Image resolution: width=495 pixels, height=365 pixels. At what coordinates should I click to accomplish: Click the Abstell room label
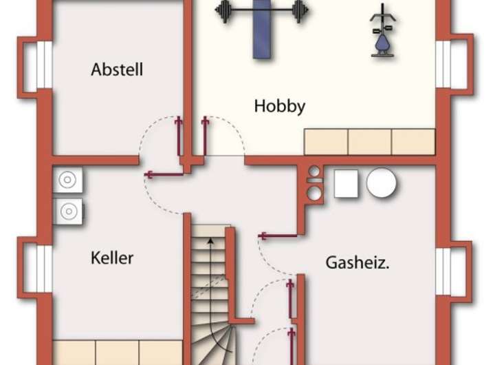click(117, 70)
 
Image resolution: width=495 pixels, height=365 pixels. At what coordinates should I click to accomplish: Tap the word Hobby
click(279, 106)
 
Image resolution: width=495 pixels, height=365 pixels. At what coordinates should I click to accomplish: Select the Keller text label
click(112, 258)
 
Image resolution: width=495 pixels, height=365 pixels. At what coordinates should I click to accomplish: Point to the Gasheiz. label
click(357, 262)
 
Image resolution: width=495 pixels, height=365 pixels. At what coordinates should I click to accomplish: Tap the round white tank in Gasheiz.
click(381, 183)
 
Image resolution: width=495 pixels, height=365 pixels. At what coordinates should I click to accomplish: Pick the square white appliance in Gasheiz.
click(346, 184)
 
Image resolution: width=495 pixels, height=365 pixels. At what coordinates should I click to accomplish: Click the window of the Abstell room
click(43, 65)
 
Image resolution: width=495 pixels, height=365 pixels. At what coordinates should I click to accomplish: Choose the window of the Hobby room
click(444, 65)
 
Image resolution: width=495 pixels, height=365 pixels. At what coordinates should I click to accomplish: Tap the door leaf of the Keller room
click(164, 174)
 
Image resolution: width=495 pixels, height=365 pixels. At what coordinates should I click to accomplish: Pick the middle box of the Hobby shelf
click(370, 142)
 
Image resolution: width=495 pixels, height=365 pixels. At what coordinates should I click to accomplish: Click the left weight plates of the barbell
click(223, 11)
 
